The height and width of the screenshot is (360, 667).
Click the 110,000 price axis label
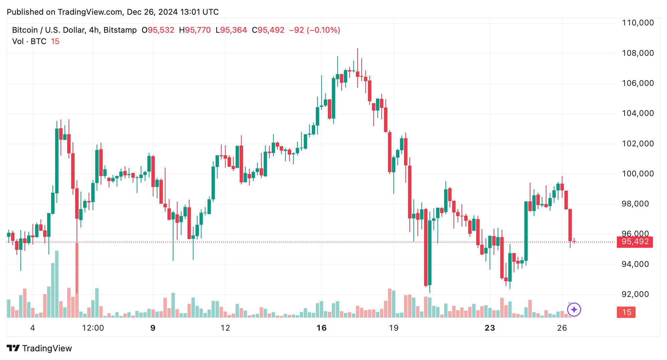[x=638, y=23]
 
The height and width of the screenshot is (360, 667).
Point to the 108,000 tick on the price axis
[x=638, y=53]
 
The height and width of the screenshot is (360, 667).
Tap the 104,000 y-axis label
[x=638, y=113]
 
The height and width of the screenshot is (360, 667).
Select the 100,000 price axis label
[x=638, y=174]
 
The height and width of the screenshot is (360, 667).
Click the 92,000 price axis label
[x=635, y=294]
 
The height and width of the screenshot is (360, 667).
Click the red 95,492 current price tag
[x=635, y=242]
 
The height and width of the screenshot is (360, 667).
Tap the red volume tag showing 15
[x=626, y=312]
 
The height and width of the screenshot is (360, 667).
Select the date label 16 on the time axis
[x=321, y=328]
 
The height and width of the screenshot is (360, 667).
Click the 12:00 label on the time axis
[x=93, y=328]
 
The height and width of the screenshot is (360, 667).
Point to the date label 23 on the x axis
[x=490, y=328]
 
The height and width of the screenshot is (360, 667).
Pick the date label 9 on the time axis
[x=153, y=328]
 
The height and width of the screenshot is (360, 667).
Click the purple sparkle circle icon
[x=574, y=310]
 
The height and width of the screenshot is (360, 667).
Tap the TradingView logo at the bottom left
[x=39, y=348]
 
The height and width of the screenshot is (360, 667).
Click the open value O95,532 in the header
[x=158, y=30]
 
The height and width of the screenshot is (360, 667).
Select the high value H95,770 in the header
[x=195, y=30]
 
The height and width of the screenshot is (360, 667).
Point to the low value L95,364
[x=231, y=30]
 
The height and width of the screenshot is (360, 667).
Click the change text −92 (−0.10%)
[x=314, y=30]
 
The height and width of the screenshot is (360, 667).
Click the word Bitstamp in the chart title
[x=120, y=30]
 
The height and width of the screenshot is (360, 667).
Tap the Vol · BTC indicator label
[x=29, y=41]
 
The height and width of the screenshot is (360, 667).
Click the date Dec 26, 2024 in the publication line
[x=152, y=12]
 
